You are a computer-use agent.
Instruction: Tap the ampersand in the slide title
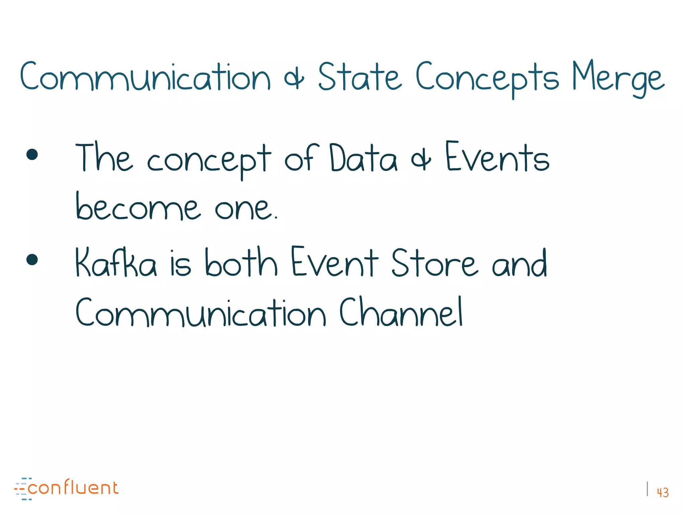pos(294,79)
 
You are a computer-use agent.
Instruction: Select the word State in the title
pos(360,77)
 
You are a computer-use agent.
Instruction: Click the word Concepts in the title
pos(487,78)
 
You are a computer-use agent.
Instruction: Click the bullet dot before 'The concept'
pos(32,155)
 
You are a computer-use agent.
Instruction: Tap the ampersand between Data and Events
pos(421,160)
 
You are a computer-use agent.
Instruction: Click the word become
pos(138,207)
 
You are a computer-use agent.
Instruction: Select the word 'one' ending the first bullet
pos(245,209)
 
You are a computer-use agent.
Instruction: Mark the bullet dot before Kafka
pos(32,259)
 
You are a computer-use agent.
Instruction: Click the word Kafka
pos(116,263)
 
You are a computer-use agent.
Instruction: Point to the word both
pos(241,263)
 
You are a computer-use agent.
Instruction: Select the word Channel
pos(401,313)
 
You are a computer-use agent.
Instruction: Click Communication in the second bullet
pos(200,313)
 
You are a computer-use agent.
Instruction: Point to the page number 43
pos(663,492)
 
